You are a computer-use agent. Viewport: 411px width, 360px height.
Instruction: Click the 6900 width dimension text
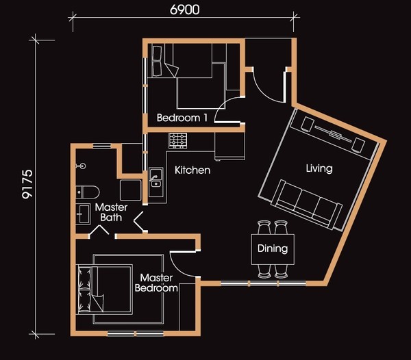pos(184,10)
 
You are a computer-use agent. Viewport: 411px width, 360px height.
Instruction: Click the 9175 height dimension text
pos(27,184)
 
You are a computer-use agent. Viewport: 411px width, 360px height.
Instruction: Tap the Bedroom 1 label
pos(182,118)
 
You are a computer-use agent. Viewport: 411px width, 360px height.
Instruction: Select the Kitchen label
pos(192,170)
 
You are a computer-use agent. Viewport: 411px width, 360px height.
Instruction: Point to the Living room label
pos(319,168)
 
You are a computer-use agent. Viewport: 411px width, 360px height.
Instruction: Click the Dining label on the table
pos(273,248)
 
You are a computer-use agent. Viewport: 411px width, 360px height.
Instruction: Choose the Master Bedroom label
pos(156,283)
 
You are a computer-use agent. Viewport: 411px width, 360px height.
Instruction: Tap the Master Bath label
pos(111,212)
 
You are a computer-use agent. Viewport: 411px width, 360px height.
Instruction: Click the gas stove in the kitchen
pos(178,140)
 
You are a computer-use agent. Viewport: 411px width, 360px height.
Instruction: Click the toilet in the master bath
pos(88,192)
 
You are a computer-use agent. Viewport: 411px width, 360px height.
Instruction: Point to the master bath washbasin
pos(83,214)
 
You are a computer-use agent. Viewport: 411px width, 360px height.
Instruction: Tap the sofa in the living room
pos(307,204)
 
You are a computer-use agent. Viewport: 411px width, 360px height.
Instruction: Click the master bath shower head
pos(81,166)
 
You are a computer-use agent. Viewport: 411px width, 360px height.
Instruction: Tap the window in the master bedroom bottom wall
pos(136,333)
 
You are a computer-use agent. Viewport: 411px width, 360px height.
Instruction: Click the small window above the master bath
pos(102,146)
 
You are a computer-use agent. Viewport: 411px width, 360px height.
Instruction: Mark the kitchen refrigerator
pos(229,146)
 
